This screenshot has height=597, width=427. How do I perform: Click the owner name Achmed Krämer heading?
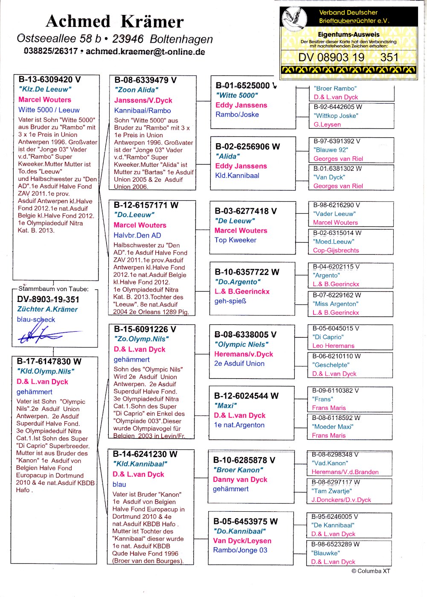(115, 21)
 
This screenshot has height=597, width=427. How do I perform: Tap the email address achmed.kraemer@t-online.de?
(145, 52)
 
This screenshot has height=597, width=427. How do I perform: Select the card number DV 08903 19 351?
(348, 58)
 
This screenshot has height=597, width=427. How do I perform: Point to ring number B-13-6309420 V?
(49, 79)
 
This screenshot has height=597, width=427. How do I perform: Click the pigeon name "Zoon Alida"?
(136, 90)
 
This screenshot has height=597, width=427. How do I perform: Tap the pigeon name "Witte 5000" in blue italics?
(237, 96)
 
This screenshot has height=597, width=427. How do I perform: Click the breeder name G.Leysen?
(327, 125)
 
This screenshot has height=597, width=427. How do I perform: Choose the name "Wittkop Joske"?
(336, 116)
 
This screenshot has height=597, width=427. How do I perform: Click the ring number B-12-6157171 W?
(146, 205)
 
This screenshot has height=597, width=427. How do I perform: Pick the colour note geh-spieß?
(230, 301)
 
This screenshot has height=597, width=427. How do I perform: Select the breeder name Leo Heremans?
(333, 346)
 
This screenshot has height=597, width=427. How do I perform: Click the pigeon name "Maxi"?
(225, 406)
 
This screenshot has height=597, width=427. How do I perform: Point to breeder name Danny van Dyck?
(240, 479)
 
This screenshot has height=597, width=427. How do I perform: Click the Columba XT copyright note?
(370, 571)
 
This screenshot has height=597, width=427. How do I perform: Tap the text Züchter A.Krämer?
(47, 309)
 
